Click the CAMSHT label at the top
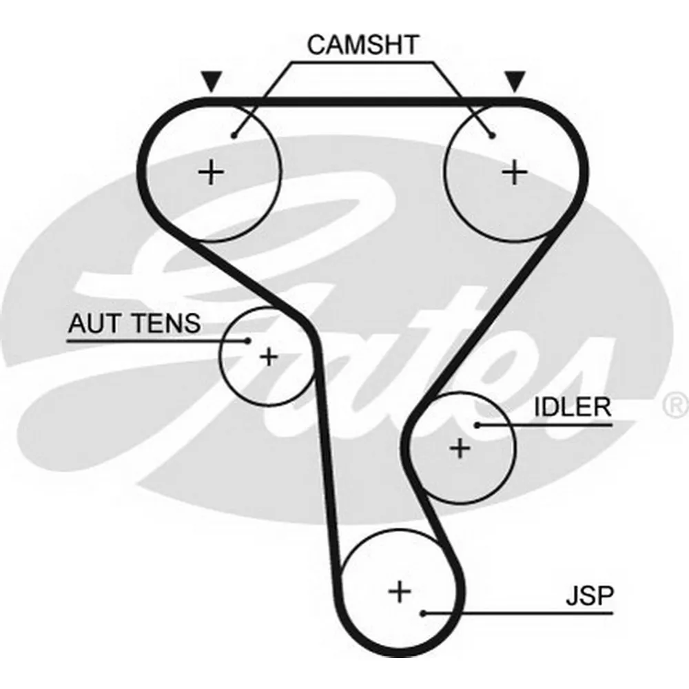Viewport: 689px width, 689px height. point(362,45)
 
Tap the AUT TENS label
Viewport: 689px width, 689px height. point(134,323)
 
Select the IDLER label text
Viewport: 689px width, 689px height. point(573,407)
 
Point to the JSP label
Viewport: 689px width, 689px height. point(589,596)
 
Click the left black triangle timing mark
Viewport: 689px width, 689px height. point(212,81)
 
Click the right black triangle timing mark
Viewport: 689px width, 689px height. point(515,81)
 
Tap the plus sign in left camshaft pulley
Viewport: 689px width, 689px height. point(212,172)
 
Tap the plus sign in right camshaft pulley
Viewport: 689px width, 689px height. point(515,172)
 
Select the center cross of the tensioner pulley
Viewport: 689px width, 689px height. point(269,356)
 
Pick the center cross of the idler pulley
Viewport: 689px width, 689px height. point(460,449)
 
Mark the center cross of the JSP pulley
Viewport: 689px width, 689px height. point(400,591)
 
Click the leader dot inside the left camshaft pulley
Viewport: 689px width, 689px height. point(234,136)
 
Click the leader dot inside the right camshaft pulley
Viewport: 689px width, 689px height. point(492,136)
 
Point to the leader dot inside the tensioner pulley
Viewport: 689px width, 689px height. point(248,340)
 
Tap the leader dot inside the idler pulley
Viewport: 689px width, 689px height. point(477,425)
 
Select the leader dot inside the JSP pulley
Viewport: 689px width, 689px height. point(423,613)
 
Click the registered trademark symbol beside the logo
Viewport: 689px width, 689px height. point(676,405)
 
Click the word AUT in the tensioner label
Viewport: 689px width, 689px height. point(94,323)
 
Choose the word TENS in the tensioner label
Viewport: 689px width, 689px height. point(167,323)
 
